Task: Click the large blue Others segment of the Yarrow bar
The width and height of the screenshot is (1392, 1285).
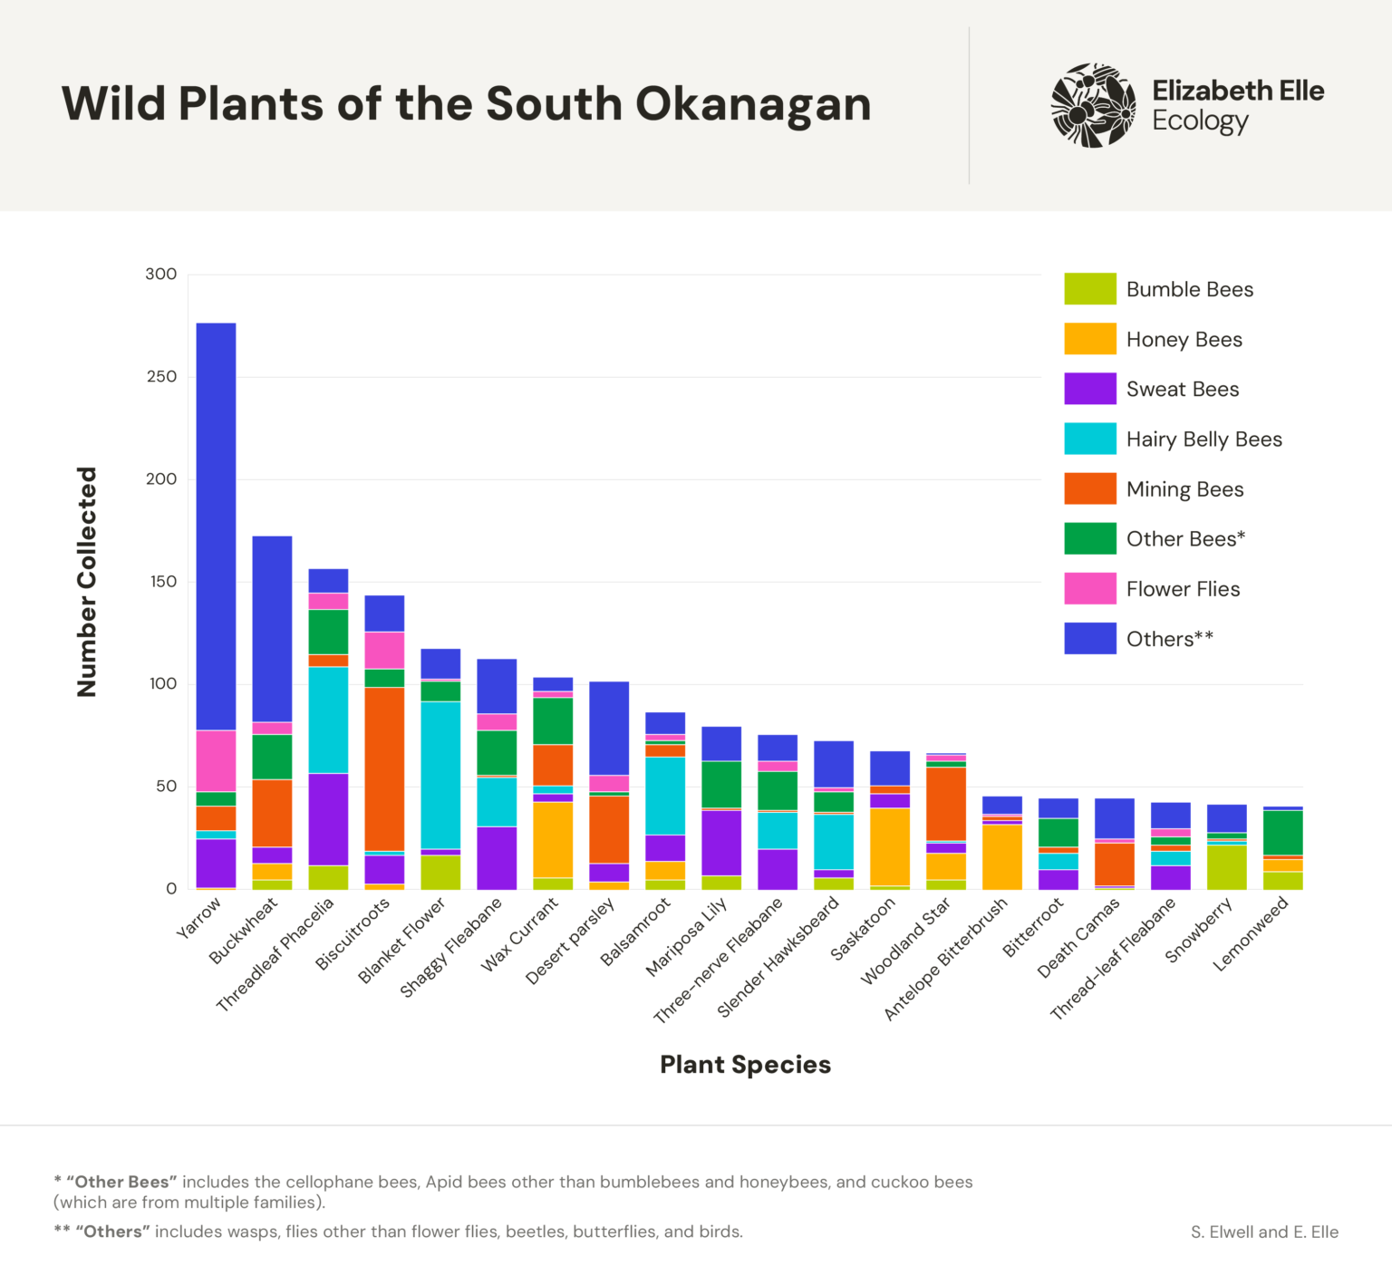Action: pyautogui.click(x=216, y=526)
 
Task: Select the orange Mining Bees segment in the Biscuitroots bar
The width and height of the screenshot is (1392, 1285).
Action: pyautogui.click(x=384, y=768)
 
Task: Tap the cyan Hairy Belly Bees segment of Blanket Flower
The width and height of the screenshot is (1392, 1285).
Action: pyautogui.click(x=440, y=775)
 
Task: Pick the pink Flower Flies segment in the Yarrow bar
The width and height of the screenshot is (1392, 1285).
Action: pyautogui.click(x=216, y=761)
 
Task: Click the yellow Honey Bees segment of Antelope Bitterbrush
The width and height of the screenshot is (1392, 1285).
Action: pyautogui.click(x=1002, y=856)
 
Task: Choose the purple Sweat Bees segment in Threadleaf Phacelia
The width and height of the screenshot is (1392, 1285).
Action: pyautogui.click(x=328, y=819)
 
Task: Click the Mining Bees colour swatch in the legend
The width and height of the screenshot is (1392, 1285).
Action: pyautogui.click(x=1089, y=489)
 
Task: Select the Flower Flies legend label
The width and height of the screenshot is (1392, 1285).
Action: pyautogui.click(x=1183, y=589)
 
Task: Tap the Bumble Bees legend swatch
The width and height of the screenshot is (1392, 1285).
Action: pyautogui.click(x=1089, y=289)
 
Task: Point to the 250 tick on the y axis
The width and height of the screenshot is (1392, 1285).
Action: pyautogui.click(x=161, y=377)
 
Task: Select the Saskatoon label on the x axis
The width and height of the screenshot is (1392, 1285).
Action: pyautogui.click(x=863, y=929)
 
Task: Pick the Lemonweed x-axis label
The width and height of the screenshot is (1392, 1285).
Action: pyautogui.click(x=1250, y=933)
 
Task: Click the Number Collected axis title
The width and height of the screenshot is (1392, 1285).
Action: pyautogui.click(x=87, y=582)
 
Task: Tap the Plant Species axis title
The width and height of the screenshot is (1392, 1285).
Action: pyautogui.click(x=745, y=1065)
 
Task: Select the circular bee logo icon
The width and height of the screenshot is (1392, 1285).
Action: pyautogui.click(x=1093, y=105)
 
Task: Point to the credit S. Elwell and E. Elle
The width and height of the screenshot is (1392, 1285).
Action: pyautogui.click(x=1264, y=1232)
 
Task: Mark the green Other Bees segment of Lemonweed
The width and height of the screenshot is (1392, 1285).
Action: pyautogui.click(x=1282, y=832)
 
